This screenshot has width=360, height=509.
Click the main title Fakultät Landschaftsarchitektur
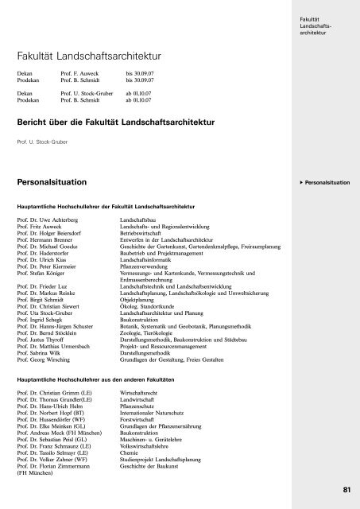(x=89, y=57)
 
